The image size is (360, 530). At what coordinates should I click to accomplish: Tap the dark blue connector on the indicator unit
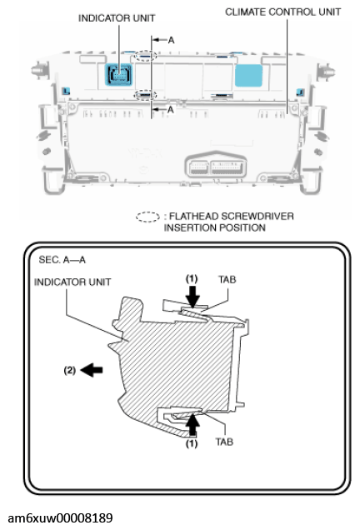[x=119, y=75]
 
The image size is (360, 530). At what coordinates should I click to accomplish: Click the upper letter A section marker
[x=172, y=40]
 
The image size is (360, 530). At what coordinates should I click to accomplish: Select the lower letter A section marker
[x=172, y=109]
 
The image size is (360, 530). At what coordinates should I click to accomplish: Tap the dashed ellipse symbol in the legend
[x=147, y=217]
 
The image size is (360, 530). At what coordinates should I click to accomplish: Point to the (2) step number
[x=71, y=367]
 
